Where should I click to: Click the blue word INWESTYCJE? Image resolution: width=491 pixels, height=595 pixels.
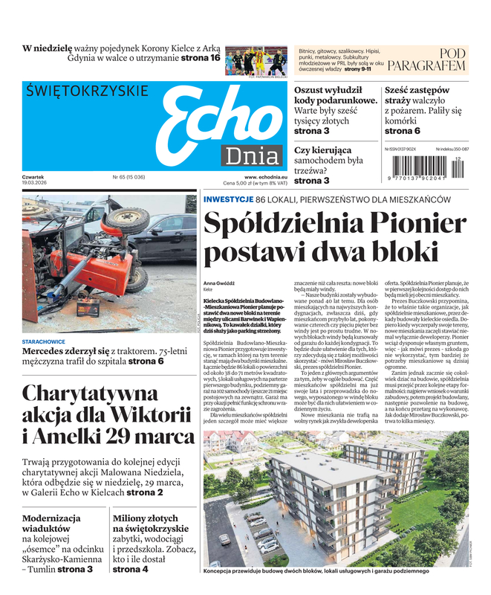click(x=228, y=200)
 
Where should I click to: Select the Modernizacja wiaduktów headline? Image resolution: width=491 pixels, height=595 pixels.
click(x=56, y=524)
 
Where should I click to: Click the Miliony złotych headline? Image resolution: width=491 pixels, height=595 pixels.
click(x=146, y=524)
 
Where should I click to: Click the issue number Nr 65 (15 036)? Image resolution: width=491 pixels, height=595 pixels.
click(x=129, y=177)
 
